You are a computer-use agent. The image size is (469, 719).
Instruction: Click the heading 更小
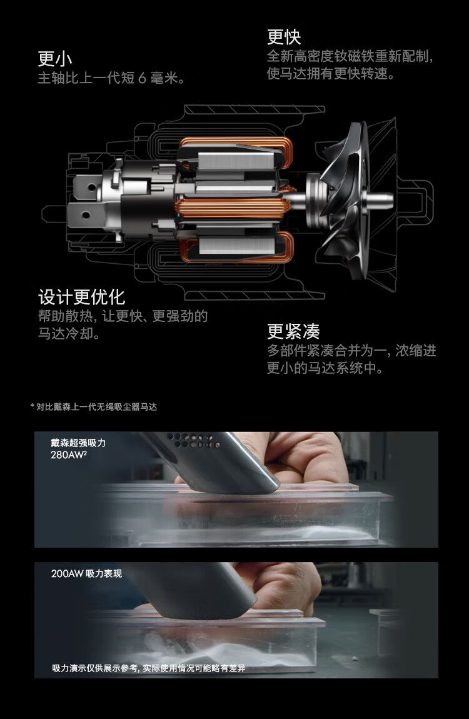click(54, 58)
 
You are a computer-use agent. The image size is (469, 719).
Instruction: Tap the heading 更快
click(284, 37)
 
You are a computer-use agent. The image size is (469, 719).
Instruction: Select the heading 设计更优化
click(81, 297)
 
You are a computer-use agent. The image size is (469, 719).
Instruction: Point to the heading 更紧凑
click(293, 331)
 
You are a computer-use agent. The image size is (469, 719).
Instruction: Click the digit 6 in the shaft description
click(142, 78)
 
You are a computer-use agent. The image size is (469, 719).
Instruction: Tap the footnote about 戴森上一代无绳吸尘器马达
click(94, 407)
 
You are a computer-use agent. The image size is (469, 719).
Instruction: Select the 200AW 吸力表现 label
click(87, 574)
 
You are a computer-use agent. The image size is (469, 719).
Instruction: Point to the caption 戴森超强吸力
click(78, 443)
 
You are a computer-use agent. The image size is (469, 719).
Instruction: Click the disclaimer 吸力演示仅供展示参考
click(95, 668)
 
